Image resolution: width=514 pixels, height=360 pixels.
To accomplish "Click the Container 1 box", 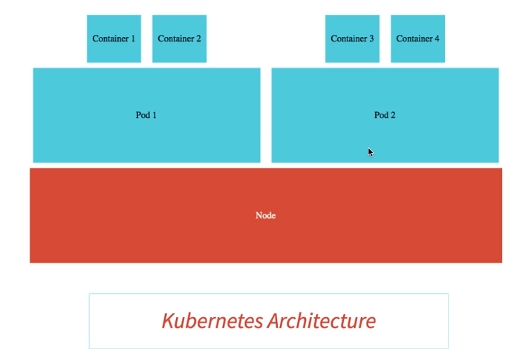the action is pos(114,39).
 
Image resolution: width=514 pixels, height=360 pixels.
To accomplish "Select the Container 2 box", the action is pos(179,39).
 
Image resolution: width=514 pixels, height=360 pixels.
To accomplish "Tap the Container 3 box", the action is pos(352,39).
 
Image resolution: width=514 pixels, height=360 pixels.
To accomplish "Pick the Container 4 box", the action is pos(418,39).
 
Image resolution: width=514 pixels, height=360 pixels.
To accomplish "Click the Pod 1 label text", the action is pos(146,115).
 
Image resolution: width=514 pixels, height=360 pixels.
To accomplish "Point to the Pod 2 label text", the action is pos(385,115).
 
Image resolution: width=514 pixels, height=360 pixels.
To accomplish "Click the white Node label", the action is pos(265,215).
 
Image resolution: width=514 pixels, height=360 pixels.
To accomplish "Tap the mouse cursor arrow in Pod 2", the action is pos(371,152).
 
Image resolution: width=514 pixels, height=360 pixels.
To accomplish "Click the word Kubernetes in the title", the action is pos(212,321).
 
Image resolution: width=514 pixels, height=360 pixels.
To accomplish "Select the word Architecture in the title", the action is pos(322,321).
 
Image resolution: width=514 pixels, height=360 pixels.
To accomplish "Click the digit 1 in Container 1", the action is pos(133,39).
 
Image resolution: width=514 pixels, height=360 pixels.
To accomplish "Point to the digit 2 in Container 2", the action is pos(198,39).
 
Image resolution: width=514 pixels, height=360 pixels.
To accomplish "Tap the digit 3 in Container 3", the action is pos(371,39).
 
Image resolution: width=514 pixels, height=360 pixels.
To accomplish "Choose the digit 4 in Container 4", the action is pos(437,39).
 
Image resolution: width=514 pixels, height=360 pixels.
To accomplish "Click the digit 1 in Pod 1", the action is pos(154,115).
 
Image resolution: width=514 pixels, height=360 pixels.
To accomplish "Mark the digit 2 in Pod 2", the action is pos(393,115).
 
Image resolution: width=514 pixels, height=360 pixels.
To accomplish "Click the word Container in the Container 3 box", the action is pos(349,39).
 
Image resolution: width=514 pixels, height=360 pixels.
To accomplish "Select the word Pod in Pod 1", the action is pos(143,115).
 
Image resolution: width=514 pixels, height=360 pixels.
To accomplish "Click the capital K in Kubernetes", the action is pos(169,321).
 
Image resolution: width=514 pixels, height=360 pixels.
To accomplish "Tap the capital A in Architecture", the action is pos(275,321).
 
